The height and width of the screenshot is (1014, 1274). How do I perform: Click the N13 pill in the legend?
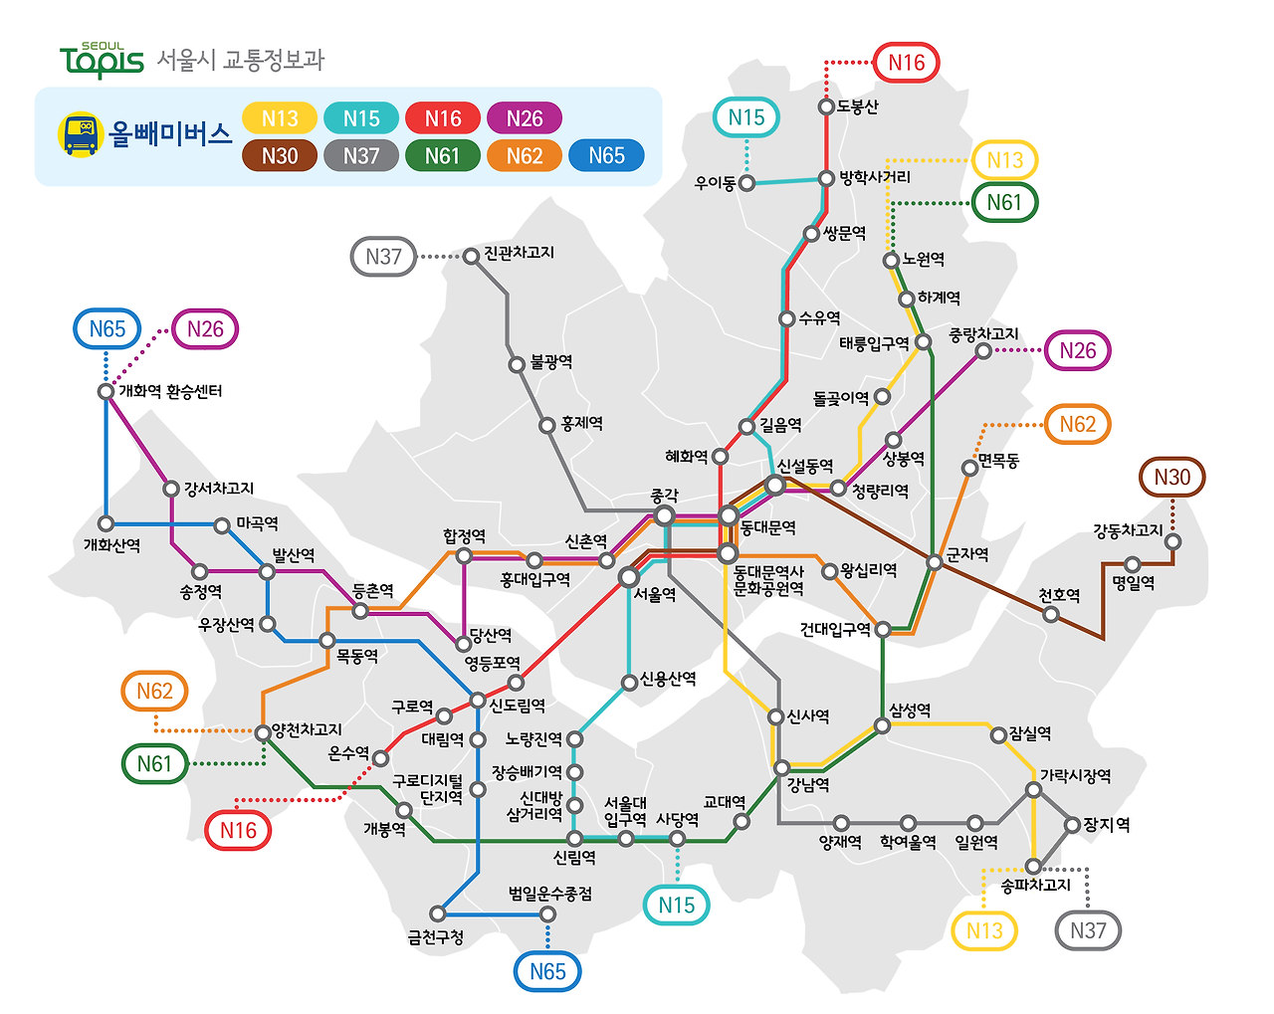tap(280, 118)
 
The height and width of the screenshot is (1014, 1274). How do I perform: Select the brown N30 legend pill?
tap(280, 155)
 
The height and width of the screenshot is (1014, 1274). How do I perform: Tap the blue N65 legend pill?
tap(606, 155)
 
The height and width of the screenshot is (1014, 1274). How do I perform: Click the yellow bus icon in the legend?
tap(81, 134)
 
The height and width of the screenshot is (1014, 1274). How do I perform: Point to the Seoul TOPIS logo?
tap(102, 61)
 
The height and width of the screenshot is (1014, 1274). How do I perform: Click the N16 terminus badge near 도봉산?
tap(906, 63)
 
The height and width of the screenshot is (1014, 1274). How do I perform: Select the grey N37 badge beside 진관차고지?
tap(383, 257)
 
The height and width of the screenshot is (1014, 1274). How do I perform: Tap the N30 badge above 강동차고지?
tap(1171, 477)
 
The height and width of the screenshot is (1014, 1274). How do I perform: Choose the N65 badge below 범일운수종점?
tap(547, 971)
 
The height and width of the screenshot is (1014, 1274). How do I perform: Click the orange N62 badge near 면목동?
tap(1077, 424)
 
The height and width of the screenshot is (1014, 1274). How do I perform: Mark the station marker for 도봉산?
tap(826, 106)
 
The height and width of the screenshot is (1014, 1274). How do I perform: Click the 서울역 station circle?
tap(629, 577)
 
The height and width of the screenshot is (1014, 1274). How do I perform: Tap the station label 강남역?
tap(808, 784)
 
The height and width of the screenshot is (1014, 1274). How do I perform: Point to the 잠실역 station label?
tap(1030, 733)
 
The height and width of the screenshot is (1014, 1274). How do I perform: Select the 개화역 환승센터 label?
tap(170, 391)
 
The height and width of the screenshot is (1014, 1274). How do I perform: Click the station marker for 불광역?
tap(517, 364)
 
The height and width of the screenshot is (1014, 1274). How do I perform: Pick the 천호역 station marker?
tap(1051, 614)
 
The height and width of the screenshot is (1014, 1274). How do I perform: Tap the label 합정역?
tap(464, 536)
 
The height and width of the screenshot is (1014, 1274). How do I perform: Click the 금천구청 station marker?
tap(438, 913)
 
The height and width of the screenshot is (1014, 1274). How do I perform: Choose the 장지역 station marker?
tap(1072, 825)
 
